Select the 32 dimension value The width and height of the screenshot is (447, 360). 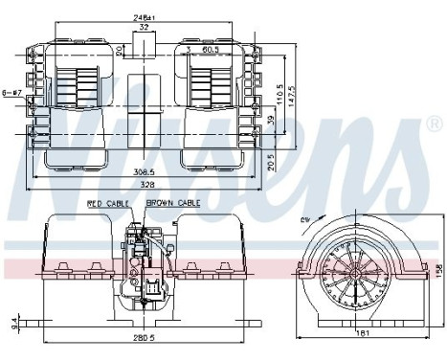144,28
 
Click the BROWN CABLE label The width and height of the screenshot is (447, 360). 173,204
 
